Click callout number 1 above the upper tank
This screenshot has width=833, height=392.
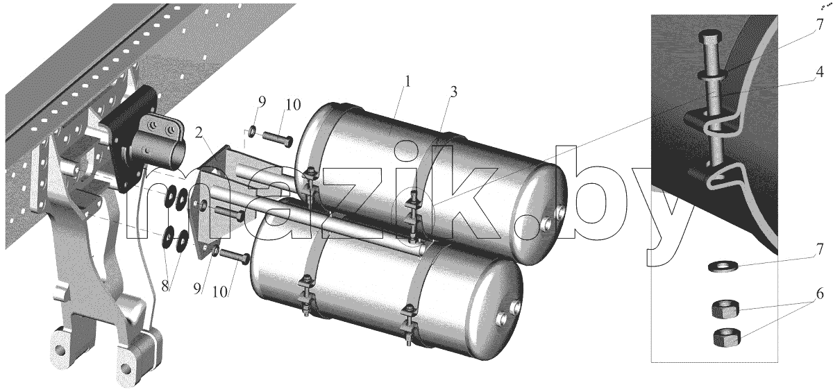[x=407, y=81]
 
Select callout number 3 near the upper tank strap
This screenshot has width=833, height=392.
[x=453, y=92]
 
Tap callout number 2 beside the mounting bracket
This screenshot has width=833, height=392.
[x=199, y=133]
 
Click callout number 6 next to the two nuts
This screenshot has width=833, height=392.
[x=820, y=293]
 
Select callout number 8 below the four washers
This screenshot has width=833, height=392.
[x=165, y=286]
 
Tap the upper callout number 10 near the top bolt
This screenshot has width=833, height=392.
[x=293, y=105]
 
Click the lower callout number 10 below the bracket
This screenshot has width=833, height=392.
[x=220, y=292]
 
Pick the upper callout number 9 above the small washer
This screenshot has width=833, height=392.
[x=262, y=101]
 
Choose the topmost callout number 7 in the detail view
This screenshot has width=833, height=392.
[x=820, y=24]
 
